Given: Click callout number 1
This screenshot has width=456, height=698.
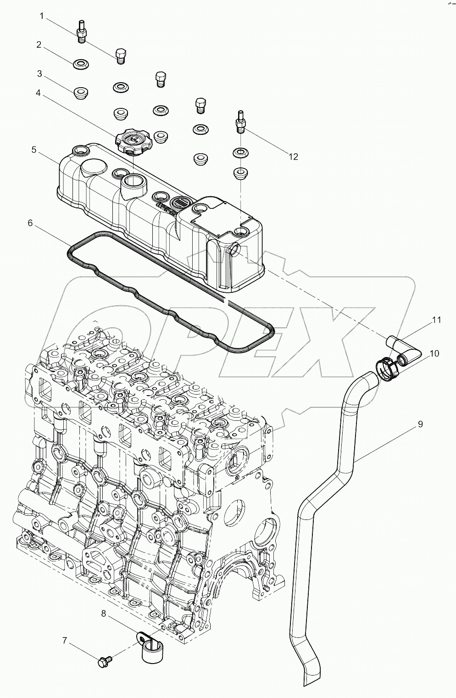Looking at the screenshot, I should pyautogui.click(x=42, y=17).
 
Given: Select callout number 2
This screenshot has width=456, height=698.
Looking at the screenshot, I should pyautogui.click(x=39, y=45).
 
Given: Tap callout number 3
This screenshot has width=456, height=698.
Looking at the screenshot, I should pyautogui.click(x=40, y=73).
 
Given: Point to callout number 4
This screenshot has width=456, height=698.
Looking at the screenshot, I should pyautogui.click(x=39, y=93).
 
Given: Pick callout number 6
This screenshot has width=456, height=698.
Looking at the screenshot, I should pyautogui.click(x=30, y=223).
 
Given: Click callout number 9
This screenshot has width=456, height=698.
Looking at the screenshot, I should pyautogui.click(x=420, y=424).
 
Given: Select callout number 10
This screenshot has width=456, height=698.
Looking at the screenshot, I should pyautogui.click(x=434, y=353).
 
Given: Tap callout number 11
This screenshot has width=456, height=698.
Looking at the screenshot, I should pyautogui.click(x=436, y=320).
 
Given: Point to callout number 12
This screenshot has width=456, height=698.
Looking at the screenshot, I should pyautogui.click(x=293, y=156).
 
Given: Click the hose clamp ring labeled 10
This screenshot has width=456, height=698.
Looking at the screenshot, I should pyautogui.click(x=384, y=369).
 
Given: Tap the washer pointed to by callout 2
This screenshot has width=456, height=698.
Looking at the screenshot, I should pyautogui.click(x=81, y=63).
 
